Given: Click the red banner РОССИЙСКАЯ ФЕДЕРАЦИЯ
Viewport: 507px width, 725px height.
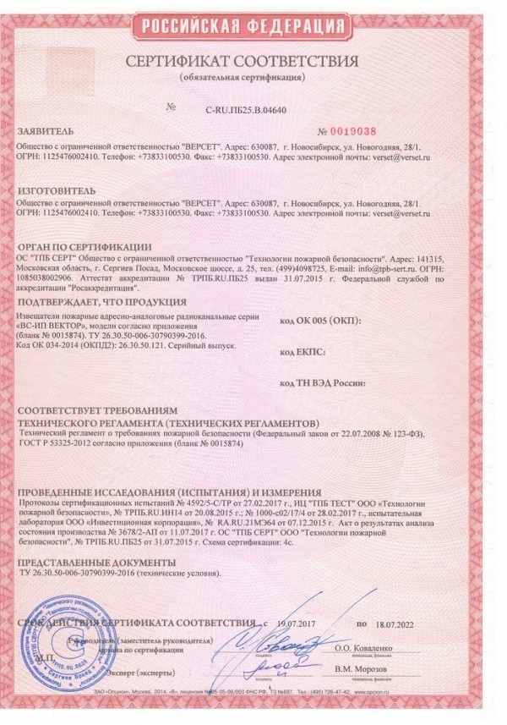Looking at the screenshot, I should point(253,26).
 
